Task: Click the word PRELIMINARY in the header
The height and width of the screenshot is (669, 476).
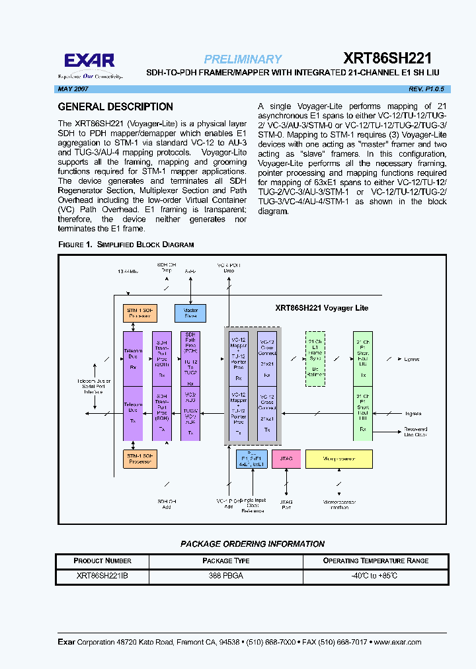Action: pos(243,59)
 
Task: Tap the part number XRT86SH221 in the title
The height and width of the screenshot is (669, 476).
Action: pos(387,59)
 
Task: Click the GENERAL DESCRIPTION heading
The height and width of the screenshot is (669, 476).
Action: pos(116,107)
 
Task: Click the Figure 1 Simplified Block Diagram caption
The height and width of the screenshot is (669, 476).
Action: pos(126,245)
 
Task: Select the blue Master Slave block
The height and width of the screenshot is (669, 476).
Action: pos(190,313)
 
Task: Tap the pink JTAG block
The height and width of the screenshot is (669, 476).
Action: pos(286,459)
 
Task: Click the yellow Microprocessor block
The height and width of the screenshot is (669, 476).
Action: pos(338,459)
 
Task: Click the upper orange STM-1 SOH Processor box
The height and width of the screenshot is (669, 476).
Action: pos(139,313)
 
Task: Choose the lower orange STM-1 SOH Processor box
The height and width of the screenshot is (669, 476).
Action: pos(139,459)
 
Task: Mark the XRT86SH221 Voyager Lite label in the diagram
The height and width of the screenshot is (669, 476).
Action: pos(321,308)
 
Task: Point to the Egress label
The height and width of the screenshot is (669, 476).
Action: pos(411,359)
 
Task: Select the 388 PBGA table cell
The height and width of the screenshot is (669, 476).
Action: pos(225,576)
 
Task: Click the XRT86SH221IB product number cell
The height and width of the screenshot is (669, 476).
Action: pos(102,576)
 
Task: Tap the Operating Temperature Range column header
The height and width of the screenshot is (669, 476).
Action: pos(376,561)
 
